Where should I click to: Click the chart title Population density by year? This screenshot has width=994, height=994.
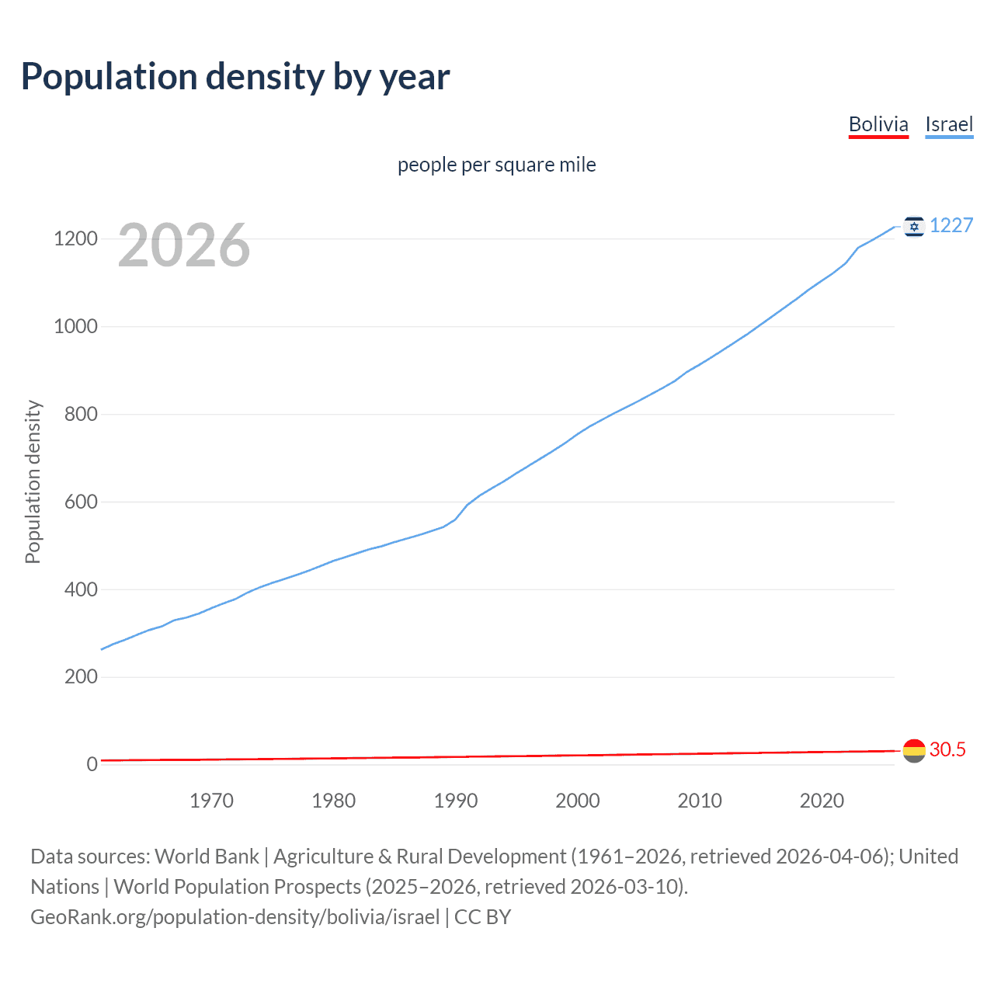(x=235, y=76)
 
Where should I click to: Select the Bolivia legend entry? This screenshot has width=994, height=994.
(x=878, y=124)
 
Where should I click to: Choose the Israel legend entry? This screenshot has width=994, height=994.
(x=949, y=124)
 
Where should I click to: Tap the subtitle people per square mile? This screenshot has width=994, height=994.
(x=497, y=165)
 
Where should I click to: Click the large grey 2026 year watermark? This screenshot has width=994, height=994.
(x=184, y=245)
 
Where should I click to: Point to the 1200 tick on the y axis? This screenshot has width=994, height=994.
(x=75, y=238)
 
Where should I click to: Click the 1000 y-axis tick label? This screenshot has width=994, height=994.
(x=75, y=326)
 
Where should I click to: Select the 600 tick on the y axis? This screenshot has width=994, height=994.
(x=81, y=502)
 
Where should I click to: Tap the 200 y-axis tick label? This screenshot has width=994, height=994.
(x=81, y=676)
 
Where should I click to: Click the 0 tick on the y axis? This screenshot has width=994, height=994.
(x=92, y=764)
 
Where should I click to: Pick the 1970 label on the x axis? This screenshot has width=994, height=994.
(x=211, y=801)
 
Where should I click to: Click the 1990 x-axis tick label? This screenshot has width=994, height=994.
(x=456, y=801)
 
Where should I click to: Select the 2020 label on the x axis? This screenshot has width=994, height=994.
(x=822, y=801)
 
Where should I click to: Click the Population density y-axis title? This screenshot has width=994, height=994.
(x=33, y=481)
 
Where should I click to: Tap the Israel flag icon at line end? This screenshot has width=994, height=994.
(x=914, y=226)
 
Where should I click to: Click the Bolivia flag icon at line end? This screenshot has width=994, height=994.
(x=914, y=750)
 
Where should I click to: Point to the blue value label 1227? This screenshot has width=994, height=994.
(x=951, y=225)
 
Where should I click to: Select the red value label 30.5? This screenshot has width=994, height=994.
(x=947, y=749)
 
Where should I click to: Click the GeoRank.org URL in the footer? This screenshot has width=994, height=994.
(x=235, y=917)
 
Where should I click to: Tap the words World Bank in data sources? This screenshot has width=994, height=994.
(x=207, y=857)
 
